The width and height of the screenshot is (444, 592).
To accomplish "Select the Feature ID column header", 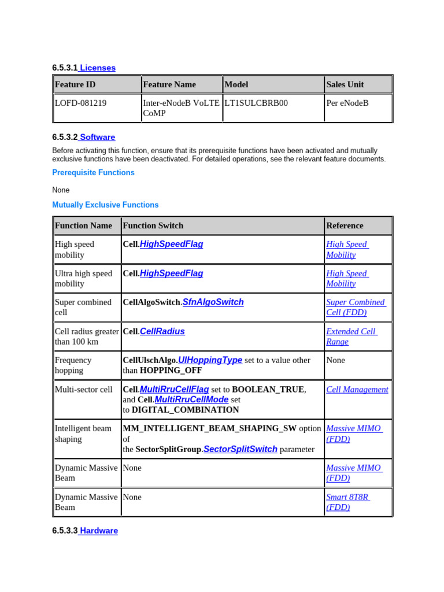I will pyautogui.click(x=75, y=84).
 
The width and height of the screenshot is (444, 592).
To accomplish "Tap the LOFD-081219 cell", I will pyautogui.click(x=80, y=103).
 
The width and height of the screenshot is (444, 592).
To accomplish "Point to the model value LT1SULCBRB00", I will pyautogui.click(x=256, y=103).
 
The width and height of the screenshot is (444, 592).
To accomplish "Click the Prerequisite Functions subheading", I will pyautogui.click(x=93, y=172).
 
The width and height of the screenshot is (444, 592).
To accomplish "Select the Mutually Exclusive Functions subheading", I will pyautogui.click(x=105, y=205).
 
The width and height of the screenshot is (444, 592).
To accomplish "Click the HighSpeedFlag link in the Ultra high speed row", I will pyautogui.click(x=171, y=273).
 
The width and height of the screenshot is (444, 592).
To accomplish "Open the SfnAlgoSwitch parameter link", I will pyautogui.click(x=213, y=302).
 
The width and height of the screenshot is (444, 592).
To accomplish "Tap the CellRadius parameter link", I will pyautogui.click(x=162, y=331).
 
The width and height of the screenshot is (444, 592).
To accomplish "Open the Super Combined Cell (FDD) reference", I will pyautogui.click(x=355, y=307).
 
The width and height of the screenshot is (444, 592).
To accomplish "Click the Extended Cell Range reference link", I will pyautogui.click(x=351, y=336).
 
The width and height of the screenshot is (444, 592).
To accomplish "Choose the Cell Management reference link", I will pyautogui.click(x=357, y=390).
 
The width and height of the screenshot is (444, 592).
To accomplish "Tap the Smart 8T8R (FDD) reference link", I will pyautogui.click(x=347, y=502).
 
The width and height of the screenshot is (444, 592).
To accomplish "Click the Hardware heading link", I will pyautogui.click(x=98, y=531).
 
